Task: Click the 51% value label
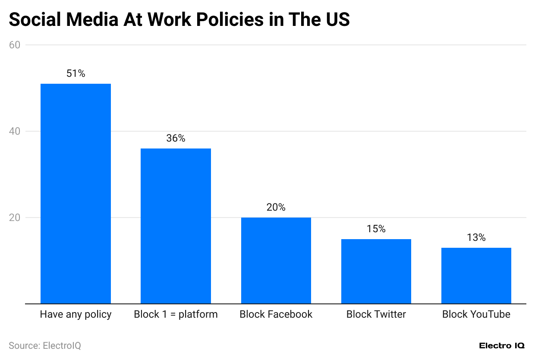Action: [76, 74]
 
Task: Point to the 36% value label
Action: [176, 139]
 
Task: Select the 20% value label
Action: [276, 208]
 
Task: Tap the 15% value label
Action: [376, 229]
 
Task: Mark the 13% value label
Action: [476, 238]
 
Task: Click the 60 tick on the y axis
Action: [15, 45]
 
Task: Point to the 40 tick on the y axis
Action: [15, 131]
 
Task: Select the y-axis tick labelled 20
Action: [15, 218]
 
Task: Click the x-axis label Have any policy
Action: [76, 314]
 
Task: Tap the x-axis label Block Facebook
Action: [276, 314]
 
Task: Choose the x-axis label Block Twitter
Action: [376, 314]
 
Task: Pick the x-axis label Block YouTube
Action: [476, 314]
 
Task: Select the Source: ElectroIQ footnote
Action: [45, 346]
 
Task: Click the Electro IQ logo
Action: [502, 346]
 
